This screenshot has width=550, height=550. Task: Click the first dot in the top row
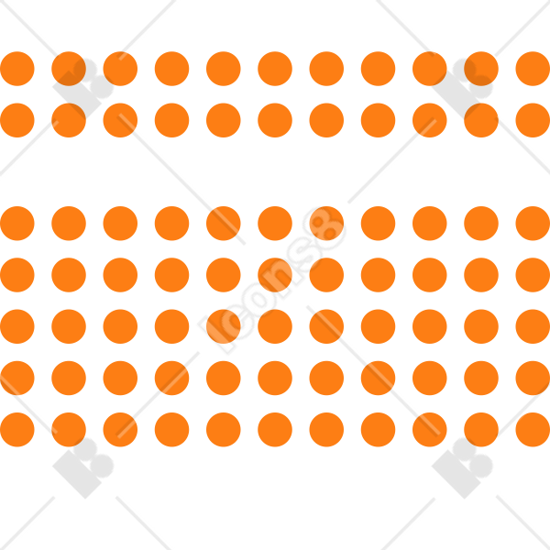(17, 69)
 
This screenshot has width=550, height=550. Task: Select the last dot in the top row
(533, 69)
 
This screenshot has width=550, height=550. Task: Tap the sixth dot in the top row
(275, 69)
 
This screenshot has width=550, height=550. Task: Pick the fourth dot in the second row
(172, 120)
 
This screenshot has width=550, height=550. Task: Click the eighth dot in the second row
(378, 120)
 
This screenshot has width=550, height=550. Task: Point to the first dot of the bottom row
(17, 430)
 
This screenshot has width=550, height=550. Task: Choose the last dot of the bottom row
(533, 430)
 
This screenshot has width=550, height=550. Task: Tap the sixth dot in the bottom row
(275, 430)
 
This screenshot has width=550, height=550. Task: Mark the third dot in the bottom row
(120, 430)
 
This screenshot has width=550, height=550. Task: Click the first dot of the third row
(17, 224)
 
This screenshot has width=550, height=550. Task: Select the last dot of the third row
(533, 224)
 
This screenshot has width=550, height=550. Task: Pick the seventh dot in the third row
(326, 224)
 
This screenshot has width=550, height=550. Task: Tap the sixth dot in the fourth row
(275, 275)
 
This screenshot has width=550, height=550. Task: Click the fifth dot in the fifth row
(224, 326)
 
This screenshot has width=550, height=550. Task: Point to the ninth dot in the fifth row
(430, 326)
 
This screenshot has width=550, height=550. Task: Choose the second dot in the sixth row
(69, 378)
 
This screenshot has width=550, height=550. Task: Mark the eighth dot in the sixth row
(378, 378)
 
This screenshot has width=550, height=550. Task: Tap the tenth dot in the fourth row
(481, 275)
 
